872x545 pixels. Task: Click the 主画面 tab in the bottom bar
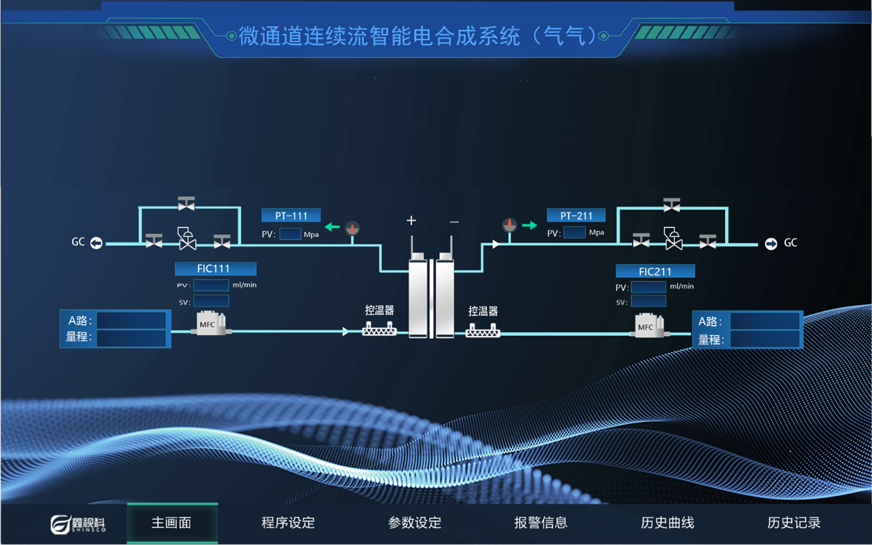[172, 523]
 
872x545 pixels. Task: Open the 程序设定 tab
[288, 523]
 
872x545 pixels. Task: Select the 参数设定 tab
[415, 523]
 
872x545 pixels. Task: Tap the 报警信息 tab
[541, 523]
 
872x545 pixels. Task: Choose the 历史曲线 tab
[667, 523]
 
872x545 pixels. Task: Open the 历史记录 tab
[794, 523]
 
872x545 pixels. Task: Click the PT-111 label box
[291, 216]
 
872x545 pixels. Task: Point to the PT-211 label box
[576, 216]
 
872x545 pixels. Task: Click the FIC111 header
[215, 269]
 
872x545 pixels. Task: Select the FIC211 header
[655, 272]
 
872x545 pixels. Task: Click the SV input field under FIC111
[211, 301]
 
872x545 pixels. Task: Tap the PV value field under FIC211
[648, 287]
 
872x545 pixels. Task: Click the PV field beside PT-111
[290, 234]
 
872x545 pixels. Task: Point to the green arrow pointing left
[332, 227]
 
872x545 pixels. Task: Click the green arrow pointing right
[529, 225]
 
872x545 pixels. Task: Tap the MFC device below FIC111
[211, 324]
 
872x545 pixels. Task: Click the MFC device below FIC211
[649, 327]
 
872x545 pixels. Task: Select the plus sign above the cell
[411, 221]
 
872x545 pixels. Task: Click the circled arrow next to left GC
[97, 242]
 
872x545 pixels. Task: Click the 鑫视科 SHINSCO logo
[78, 524]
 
